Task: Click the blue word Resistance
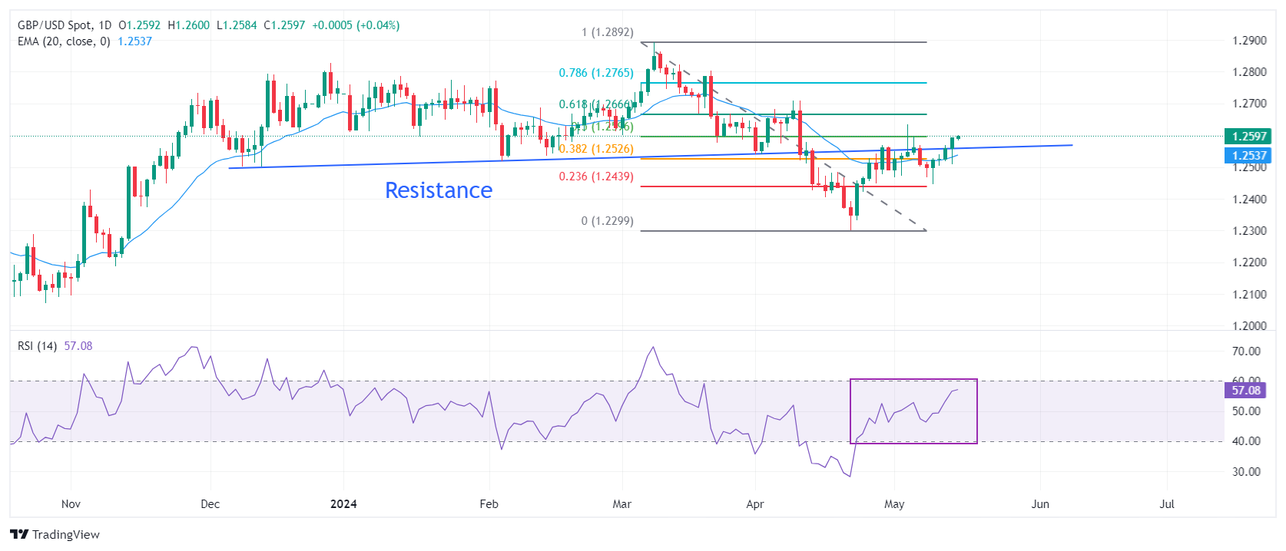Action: (x=439, y=190)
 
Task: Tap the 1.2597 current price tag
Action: (x=1248, y=137)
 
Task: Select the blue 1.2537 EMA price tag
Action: (x=1248, y=156)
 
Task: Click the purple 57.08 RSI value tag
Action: (x=1245, y=391)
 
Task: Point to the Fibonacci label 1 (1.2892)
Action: (x=607, y=32)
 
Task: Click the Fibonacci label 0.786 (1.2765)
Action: (x=596, y=73)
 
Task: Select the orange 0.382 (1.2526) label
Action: (x=596, y=149)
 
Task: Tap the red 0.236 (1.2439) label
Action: (x=596, y=177)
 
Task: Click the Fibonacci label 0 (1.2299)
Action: (x=607, y=221)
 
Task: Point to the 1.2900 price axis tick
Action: (x=1249, y=41)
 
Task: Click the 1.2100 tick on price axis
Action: (x=1249, y=295)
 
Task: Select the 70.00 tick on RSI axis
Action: (x=1246, y=351)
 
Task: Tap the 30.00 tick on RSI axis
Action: (x=1246, y=472)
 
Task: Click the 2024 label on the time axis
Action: (x=343, y=504)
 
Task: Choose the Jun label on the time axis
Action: (x=1039, y=504)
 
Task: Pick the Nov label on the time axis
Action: (x=71, y=504)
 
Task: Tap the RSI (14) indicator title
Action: (x=37, y=346)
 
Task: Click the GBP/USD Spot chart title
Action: (x=54, y=25)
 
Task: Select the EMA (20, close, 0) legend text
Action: (x=64, y=41)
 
